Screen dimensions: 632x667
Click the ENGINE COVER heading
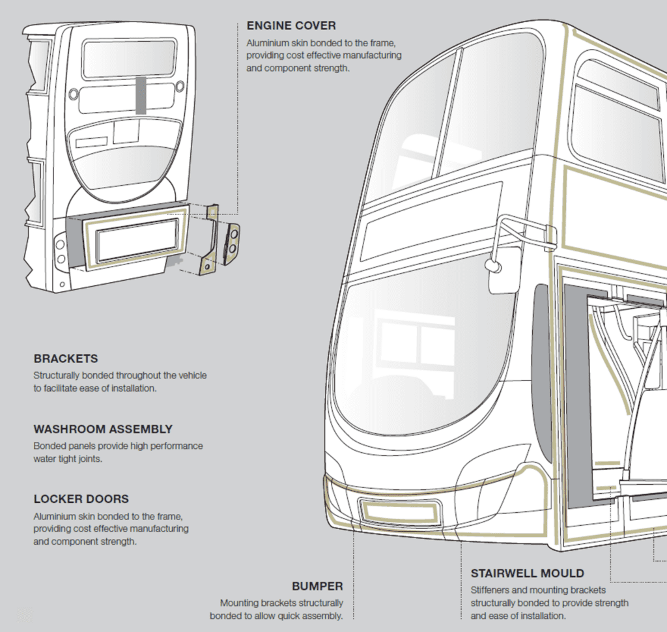pyautogui.click(x=291, y=26)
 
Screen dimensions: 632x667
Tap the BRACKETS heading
pyautogui.click(x=66, y=359)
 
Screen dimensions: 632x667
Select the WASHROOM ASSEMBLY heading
pyautogui.click(x=103, y=429)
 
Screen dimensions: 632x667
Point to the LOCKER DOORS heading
pyautogui.click(x=81, y=499)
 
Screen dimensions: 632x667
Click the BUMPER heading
pyautogui.click(x=317, y=586)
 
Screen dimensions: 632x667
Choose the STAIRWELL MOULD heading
pyautogui.click(x=528, y=573)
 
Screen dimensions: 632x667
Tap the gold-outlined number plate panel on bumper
pyautogui.click(x=399, y=511)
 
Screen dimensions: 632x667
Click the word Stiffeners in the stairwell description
pyautogui.click(x=492, y=590)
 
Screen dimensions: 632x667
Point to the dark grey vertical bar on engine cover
pyautogui.click(x=141, y=94)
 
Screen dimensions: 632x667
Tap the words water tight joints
pyautogui.click(x=67, y=459)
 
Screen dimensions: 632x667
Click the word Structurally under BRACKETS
pyautogui.click(x=61, y=375)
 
